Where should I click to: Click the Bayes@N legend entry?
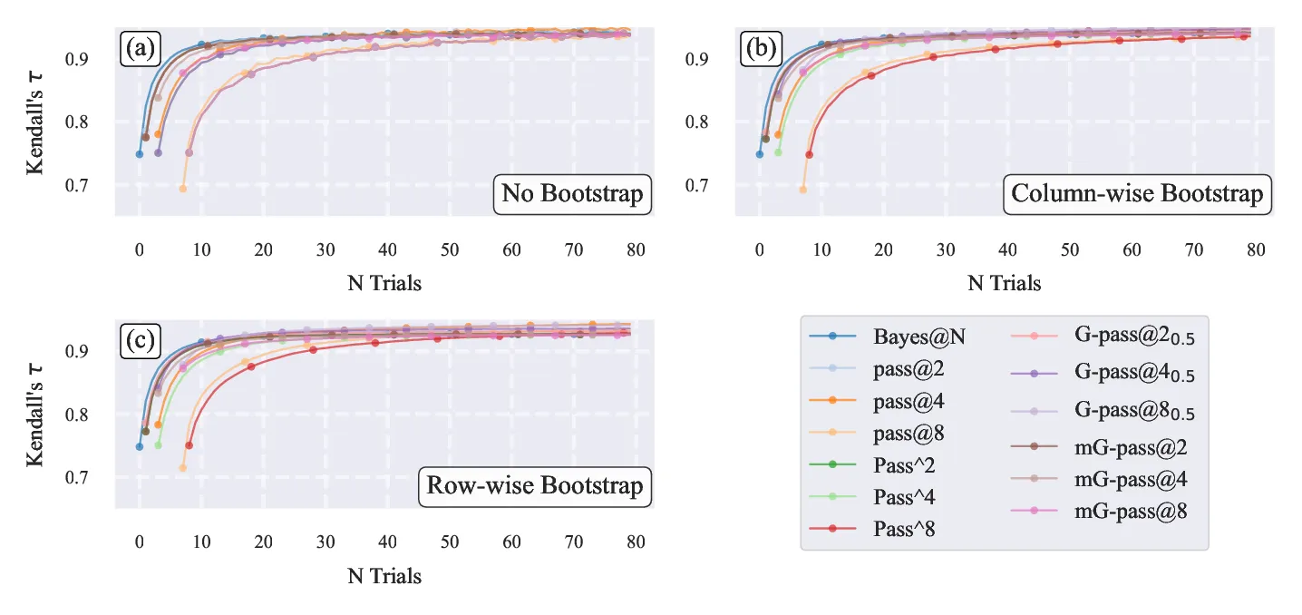887,336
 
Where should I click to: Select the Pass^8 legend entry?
872,529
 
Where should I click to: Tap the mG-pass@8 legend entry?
1099,511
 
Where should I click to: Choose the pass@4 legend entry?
877,401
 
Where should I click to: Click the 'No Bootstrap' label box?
572,194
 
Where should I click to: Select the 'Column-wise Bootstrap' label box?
1138,194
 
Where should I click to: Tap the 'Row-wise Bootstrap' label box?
535,486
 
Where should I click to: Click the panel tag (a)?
140,48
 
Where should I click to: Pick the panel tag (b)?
761,48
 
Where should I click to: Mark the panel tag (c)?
140,341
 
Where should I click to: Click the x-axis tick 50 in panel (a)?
450,250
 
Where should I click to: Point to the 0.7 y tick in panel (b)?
696,185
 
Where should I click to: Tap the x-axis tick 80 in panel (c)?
636,542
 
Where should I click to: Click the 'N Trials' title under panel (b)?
1004,283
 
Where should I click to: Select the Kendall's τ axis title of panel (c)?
34,415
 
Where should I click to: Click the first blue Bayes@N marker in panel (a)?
140,154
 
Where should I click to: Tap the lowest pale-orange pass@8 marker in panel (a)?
182,189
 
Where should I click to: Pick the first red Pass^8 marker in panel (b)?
809,154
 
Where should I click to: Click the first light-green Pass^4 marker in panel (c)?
158,444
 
